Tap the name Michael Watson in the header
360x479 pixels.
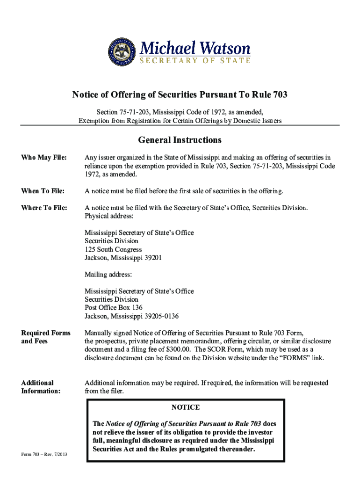195,48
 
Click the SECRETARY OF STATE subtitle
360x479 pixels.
195,60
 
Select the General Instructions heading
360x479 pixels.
180,140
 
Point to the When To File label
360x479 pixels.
43,191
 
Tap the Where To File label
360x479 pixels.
44,208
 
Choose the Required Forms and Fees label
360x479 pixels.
46,337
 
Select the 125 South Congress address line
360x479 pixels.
113,249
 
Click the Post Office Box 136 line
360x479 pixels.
114,308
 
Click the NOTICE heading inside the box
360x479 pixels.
185,407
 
